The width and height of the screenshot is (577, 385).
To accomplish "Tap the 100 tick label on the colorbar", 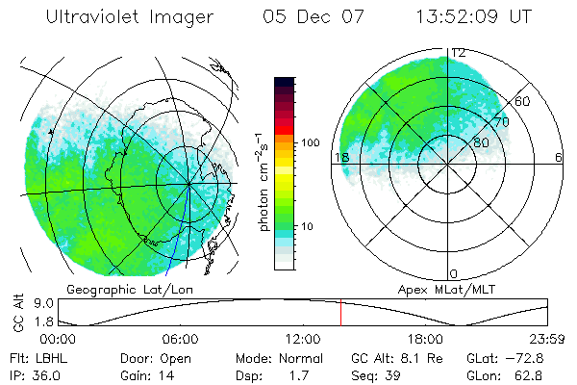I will pos(311,142).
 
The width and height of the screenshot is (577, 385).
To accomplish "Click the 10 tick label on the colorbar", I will pos(308,227).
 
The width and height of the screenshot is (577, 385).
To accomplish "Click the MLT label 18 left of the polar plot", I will pos(340,157).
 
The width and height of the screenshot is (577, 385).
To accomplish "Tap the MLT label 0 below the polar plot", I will pos(454,273).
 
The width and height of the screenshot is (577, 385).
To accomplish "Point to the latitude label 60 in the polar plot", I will pos(523,101).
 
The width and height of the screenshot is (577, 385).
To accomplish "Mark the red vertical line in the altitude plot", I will pos(340,314).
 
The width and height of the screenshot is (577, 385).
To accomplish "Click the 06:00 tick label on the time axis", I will pos(180,339).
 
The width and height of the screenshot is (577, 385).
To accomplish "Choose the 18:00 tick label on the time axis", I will pos(424,339).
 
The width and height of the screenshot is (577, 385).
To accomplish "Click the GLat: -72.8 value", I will pos(507,356).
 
